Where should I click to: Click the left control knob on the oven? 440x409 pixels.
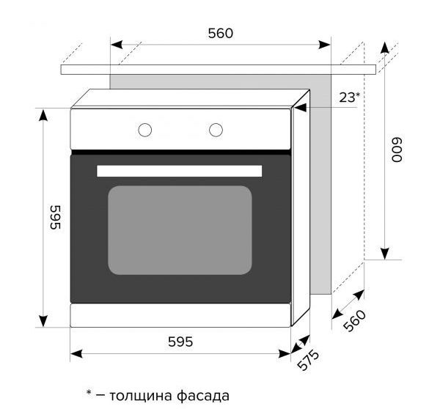click(x=145, y=130)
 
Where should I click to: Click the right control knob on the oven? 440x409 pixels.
click(x=215, y=130)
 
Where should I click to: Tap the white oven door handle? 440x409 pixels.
click(x=179, y=171)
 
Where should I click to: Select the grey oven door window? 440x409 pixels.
click(x=180, y=229)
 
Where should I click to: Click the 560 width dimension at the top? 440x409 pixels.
click(x=220, y=33)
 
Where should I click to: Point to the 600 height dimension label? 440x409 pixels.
click(x=397, y=151)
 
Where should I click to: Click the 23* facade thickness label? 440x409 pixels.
click(x=350, y=97)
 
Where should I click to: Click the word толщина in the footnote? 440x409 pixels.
click(x=144, y=396)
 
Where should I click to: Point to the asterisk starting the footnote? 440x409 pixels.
click(x=88, y=394)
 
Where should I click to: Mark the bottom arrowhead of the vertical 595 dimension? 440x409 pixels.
click(x=43, y=320)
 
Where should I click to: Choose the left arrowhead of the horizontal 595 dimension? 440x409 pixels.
click(x=76, y=353)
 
